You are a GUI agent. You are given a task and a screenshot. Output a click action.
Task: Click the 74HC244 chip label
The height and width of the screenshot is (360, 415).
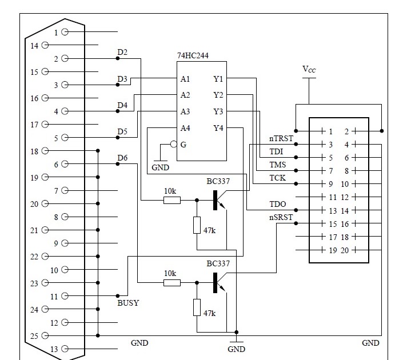pyautogui.click(x=194, y=55)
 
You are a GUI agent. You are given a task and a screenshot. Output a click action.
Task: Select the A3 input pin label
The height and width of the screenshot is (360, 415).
pyautogui.click(x=185, y=111)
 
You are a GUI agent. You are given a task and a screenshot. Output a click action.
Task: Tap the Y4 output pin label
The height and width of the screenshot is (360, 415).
pyautogui.click(x=218, y=128)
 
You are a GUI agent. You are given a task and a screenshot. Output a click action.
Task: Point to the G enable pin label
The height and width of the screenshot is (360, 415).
pyautogui.click(x=183, y=145)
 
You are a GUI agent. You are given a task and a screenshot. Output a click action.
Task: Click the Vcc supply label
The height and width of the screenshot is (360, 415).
pyautogui.click(x=309, y=70)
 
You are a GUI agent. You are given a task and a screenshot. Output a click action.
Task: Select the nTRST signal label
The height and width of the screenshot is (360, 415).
pyautogui.click(x=281, y=138)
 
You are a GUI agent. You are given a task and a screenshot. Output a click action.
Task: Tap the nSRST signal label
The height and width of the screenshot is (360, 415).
pyautogui.click(x=281, y=217)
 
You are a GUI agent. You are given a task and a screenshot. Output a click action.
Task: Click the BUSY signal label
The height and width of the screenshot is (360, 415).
pyautogui.click(x=128, y=303)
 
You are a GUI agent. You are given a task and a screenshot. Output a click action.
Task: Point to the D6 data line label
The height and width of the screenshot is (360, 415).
pyautogui.click(x=122, y=158)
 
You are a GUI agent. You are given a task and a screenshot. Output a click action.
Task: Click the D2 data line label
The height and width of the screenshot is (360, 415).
pyautogui.click(x=122, y=53)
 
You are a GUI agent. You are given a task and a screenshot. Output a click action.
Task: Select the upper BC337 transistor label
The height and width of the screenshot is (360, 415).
pyautogui.click(x=218, y=181)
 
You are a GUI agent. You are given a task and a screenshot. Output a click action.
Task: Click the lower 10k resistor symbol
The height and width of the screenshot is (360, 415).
pyautogui.click(x=171, y=283)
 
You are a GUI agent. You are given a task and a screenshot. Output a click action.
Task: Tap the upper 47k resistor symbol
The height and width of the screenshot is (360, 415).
pyautogui.click(x=197, y=225)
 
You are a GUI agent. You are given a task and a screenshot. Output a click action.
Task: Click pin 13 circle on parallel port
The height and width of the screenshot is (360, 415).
pyautogui.click(x=65, y=349)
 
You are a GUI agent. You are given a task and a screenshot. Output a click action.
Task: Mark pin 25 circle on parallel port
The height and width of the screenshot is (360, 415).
pyautogui.click(x=65, y=336)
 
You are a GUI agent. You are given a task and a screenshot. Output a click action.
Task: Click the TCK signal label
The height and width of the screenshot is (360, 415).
pyautogui.click(x=277, y=178)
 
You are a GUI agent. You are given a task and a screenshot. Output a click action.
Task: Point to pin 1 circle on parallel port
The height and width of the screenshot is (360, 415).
pyautogui.click(x=65, y=33)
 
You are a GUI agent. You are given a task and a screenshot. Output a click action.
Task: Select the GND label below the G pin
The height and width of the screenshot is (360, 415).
pyautogui.click(x=161, y=168)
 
